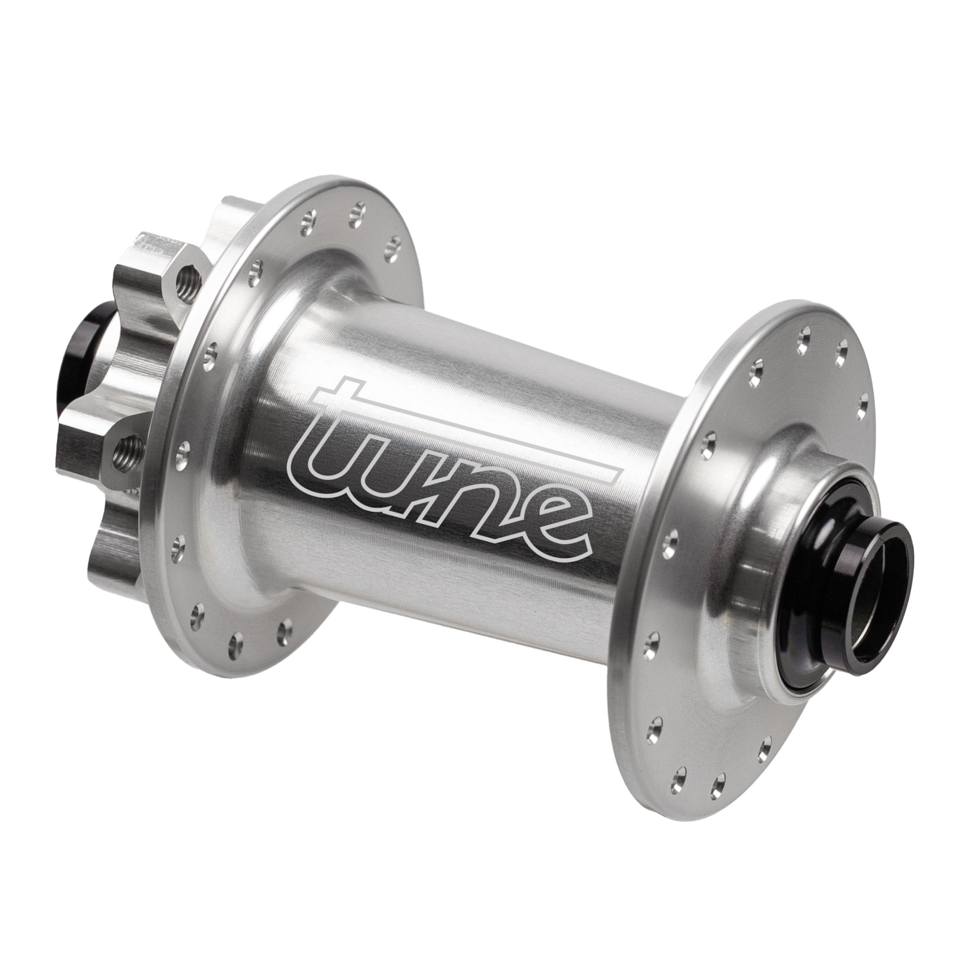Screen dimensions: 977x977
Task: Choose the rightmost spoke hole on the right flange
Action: (x=862, y=401)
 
